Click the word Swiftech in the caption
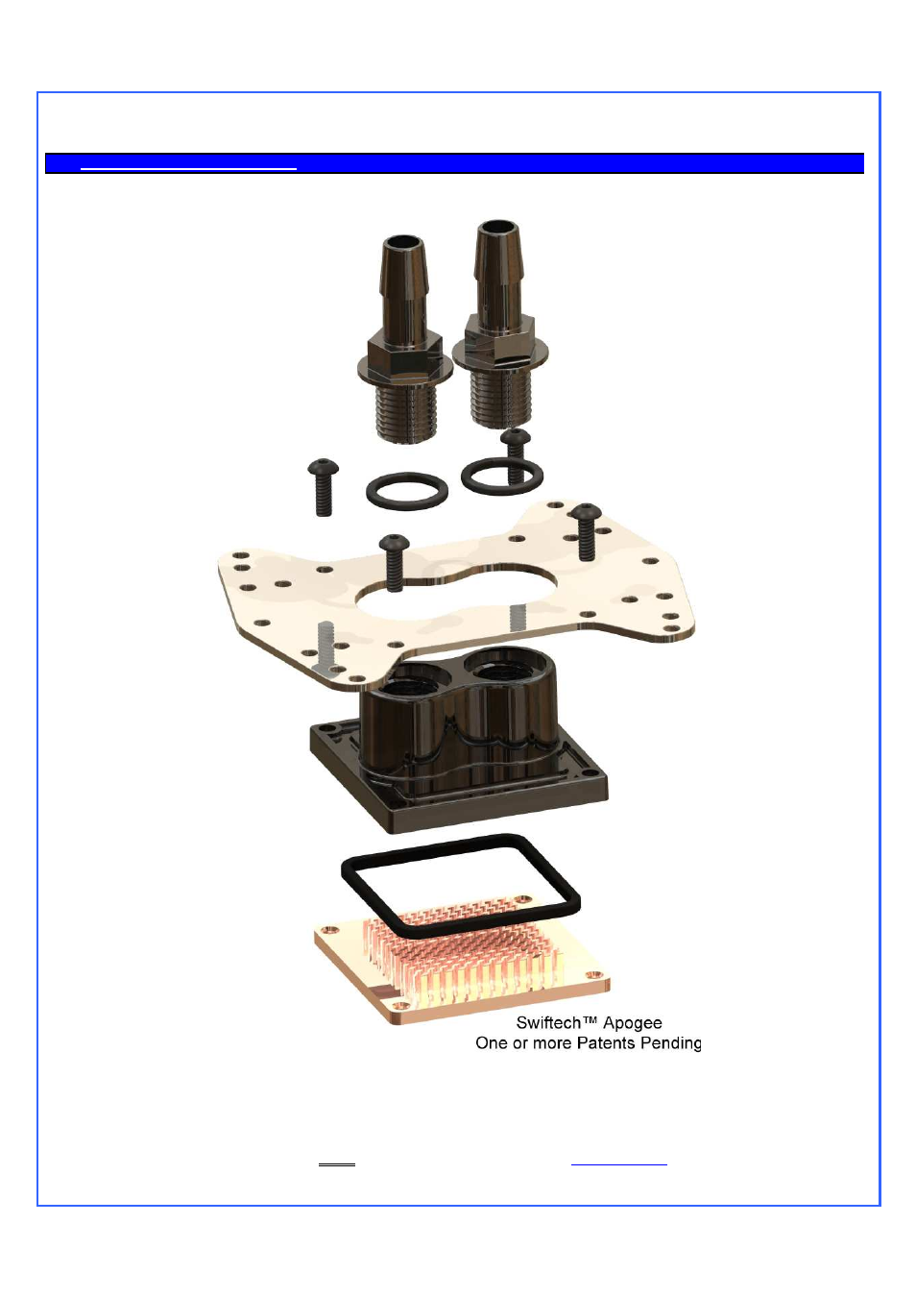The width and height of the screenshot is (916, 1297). (x=548, y=1023)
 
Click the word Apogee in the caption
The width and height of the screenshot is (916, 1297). (x=633, y=1024)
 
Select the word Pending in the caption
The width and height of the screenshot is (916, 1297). (x=670, y=1044)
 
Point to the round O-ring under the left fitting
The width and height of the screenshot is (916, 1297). (x=407, y=491)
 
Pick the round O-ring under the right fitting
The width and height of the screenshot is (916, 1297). (x=502, y=476)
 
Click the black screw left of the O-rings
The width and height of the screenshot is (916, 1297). (x=324, y=487)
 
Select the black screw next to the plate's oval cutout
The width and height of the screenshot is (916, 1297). (x=394, y=563)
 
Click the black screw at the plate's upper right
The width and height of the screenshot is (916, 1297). (x=586, y=532)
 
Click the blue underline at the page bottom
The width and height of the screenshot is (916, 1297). (x=619, y=1163)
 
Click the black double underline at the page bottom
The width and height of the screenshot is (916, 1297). (x=337, y=1164)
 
